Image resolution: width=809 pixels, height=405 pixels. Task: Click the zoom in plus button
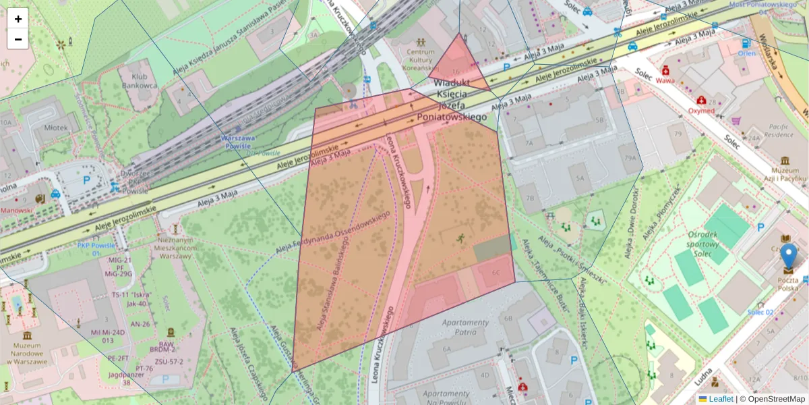[x=18, y=19]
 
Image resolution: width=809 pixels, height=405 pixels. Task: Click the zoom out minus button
[x=18, y=39]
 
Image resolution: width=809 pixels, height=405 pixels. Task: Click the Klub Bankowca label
[x=140, y=82]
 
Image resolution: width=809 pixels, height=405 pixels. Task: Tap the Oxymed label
[x=701, y=111]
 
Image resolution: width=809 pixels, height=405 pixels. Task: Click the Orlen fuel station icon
[x=746, y=43]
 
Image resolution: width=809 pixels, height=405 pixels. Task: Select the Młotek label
[x=55, y=127]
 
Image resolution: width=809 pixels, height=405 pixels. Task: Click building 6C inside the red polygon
[x=496, y=272]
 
